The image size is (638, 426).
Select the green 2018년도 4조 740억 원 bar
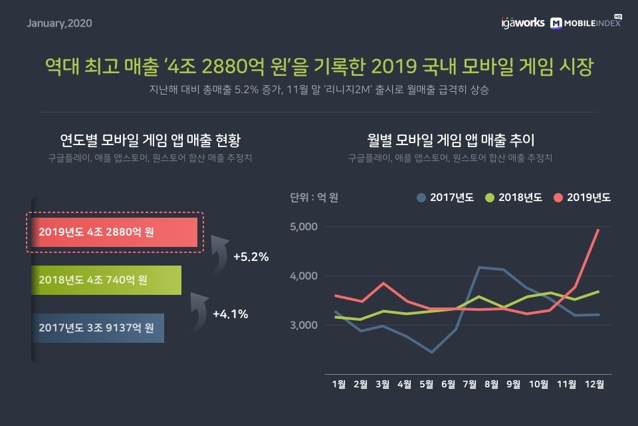coord(106,280)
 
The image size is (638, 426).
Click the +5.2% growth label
coord(251,256)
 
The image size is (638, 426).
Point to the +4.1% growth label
coord(230,314)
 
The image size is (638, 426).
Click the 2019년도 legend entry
coord(582,198)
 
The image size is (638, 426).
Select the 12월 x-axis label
coord(594,384)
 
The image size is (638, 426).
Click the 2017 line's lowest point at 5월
coord(431,352)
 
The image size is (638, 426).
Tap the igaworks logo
coord(522,23)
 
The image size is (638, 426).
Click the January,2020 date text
coord(59,23)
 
